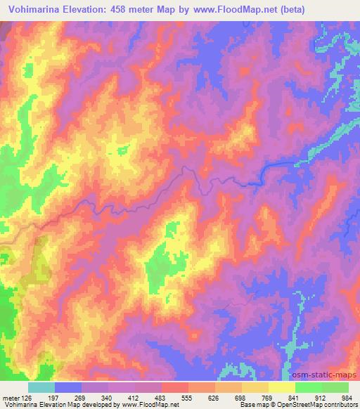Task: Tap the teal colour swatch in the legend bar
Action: pos(41,387)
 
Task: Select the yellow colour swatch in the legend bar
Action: pos(281,387)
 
